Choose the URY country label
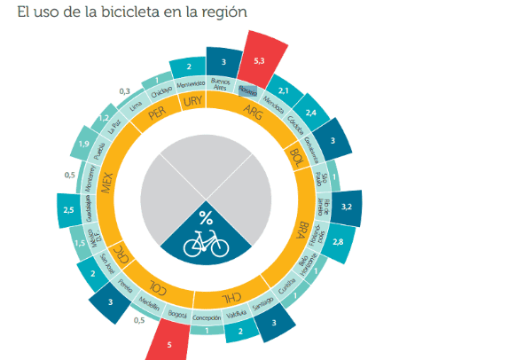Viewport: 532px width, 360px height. (192, 103)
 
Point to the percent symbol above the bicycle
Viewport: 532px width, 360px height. (206, 217)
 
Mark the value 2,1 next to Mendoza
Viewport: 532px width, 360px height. (285, 90)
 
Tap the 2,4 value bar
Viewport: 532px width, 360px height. (311, 113)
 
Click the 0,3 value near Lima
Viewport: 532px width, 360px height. (124, 90)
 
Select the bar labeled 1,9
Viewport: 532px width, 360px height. (83, 145)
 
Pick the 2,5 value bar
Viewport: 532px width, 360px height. (68, 209)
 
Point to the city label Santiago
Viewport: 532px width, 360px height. (262, 304)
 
